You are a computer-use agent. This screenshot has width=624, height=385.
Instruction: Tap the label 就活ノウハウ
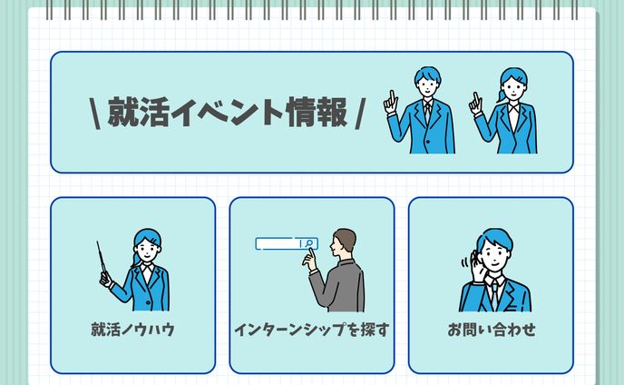click(132, 330)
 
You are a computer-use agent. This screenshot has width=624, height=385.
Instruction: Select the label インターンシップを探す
click(311, 330)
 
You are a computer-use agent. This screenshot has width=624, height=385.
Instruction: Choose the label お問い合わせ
click(491, 330)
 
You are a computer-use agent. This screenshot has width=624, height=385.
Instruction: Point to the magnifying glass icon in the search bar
click(309, 243)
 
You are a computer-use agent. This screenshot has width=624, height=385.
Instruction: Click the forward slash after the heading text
click(360, 114)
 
